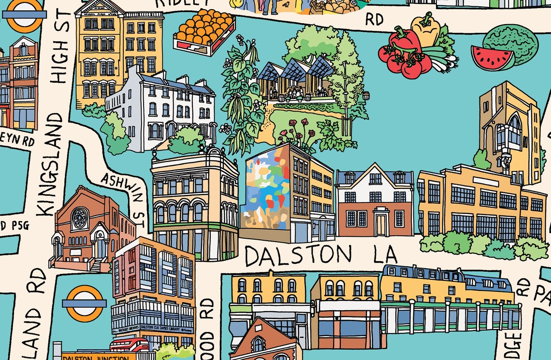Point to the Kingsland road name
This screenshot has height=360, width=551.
[x=51, y=164]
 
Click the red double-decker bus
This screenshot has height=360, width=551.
[x=129, y=345]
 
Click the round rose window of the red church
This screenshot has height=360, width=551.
[x=79, y=219]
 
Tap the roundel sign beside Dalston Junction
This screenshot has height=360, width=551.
[x=84, y=303]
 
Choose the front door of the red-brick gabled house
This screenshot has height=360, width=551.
[x=381, y=225]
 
